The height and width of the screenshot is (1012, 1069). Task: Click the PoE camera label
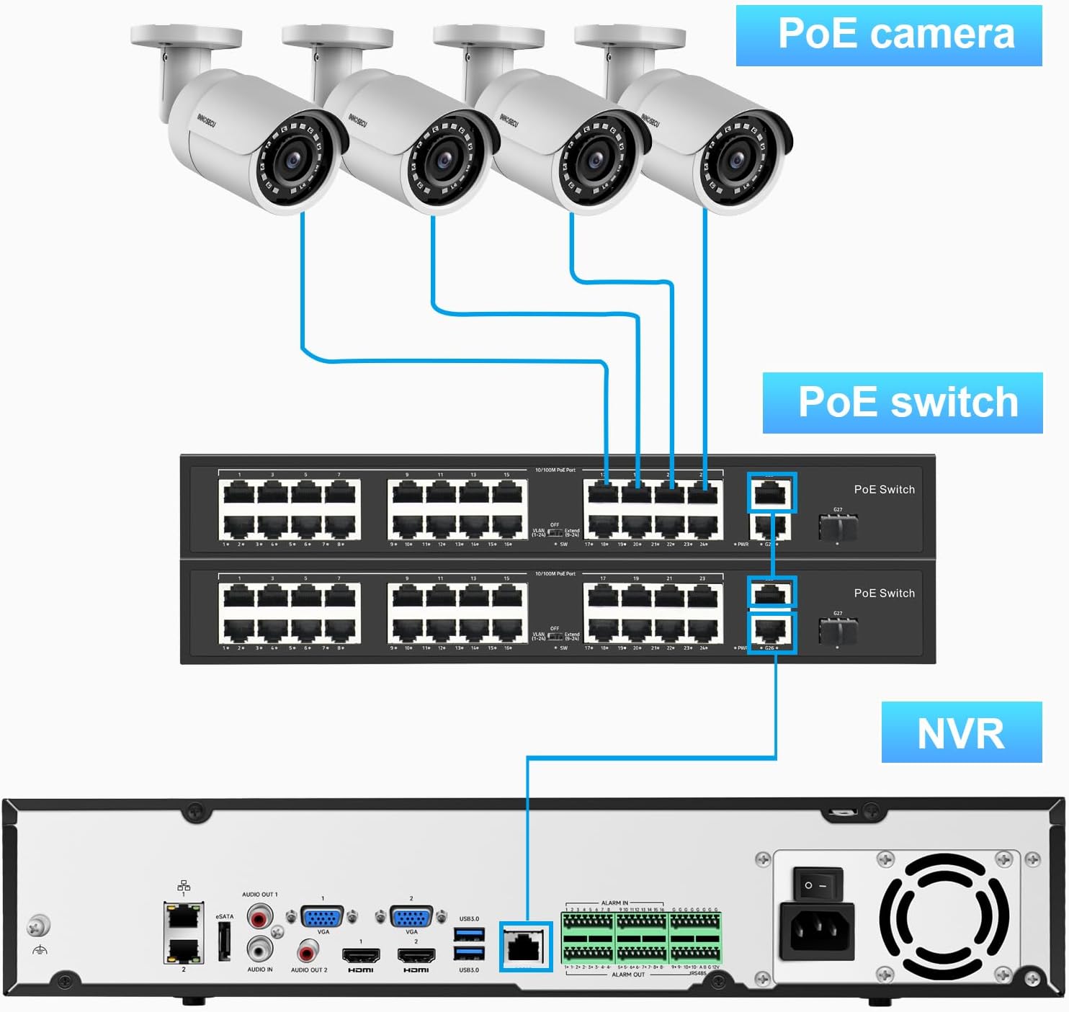[x=888, y=35]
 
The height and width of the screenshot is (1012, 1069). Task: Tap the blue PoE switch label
[x=903, y=403]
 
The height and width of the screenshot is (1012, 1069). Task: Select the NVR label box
[x=961, y=733]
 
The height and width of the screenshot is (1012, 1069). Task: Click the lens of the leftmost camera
[x=293, y=160]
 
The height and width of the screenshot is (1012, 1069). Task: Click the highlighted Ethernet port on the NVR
[x=525, y=946]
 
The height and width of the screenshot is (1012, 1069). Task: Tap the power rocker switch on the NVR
[x=817, y=884]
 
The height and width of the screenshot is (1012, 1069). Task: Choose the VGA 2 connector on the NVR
[x=411, y=917]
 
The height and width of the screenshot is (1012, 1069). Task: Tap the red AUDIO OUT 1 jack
[x=259, y=916]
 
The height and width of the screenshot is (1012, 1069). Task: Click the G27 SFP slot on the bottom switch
[x=838, y=632]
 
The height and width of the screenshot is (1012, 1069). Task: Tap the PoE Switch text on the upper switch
[x=884, y=490]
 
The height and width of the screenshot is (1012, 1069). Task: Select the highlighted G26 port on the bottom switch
[x=771, y=632]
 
